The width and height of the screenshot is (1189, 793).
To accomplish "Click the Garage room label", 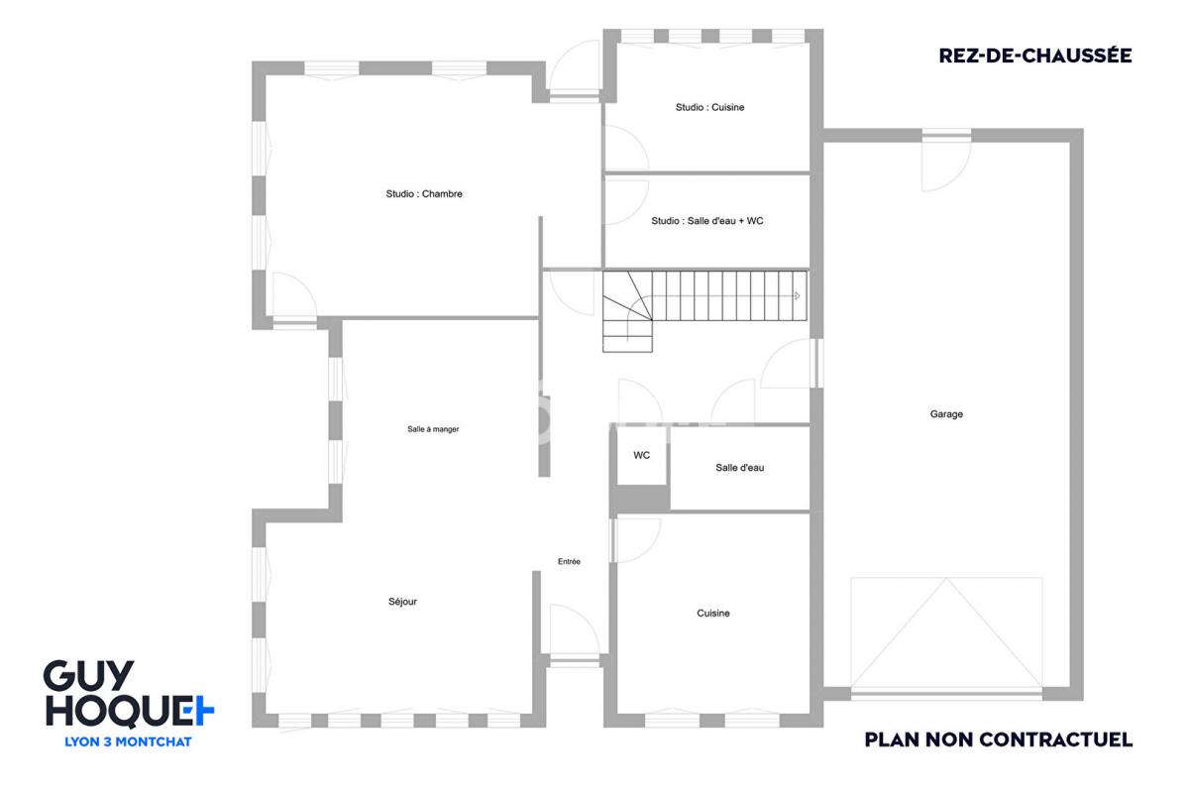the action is pos(946,413).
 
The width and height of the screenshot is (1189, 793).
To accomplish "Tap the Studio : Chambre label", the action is pos(424,194).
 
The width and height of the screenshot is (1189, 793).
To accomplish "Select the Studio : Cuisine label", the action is pos(709,107).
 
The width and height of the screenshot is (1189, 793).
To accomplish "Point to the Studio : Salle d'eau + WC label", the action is pos(707,221).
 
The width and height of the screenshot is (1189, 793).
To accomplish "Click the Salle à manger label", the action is pos(433,429).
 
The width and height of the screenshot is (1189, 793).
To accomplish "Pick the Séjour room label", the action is pos(402,602).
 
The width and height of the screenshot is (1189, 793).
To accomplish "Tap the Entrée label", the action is pos(569,561).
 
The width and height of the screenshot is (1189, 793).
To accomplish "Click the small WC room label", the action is pos(641,455).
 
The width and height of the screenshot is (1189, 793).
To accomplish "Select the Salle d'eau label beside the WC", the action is pos(739,468).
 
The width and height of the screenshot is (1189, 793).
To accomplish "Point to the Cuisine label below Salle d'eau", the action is pos(712,613).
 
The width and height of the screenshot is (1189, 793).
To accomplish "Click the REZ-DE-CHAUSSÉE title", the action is pos(1035,56).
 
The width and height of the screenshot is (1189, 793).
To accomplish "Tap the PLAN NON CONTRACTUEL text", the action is pos(999,739).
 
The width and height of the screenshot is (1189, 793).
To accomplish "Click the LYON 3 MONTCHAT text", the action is pos(128,742).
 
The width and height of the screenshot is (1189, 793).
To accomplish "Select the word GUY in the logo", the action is pos(88,675).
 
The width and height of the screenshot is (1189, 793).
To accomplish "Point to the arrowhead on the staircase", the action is pos(797,295).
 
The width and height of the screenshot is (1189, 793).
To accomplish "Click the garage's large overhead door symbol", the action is pos(946,634).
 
